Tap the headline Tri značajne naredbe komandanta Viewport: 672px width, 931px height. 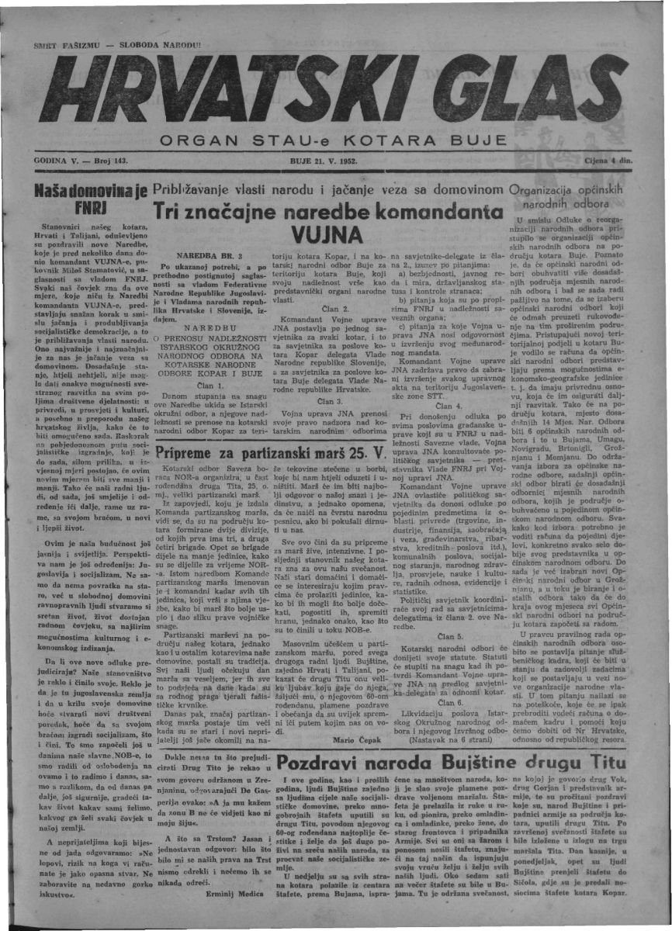pos(325,211)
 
